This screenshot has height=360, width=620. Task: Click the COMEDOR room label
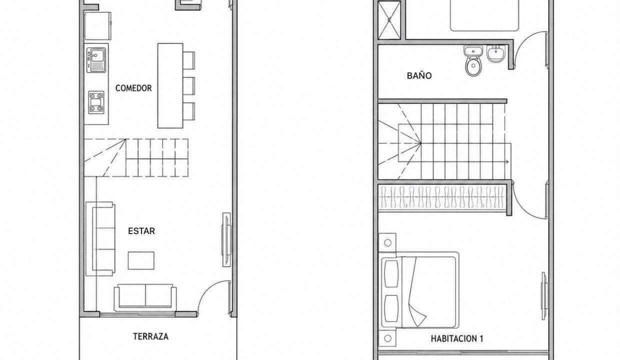tap(133, 88)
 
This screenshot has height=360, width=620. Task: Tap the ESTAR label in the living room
tap(141, 231)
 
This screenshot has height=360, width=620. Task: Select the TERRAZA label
tap(150, 336)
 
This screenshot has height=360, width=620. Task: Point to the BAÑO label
tap(419, 75)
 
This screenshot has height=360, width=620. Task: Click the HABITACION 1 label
tap(457, 338)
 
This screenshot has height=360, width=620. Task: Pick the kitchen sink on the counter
tap(96, 60)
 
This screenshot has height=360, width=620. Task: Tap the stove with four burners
tap(96, 102)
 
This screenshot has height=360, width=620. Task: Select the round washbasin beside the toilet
tap(496, 53)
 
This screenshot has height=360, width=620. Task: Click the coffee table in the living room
tap(141, 260)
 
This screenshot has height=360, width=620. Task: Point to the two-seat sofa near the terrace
tap(145, 296)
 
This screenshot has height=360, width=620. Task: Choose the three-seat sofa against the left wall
tap(100, 239)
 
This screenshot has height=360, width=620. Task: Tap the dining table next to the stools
tap(170, 85)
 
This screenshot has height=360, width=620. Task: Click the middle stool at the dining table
tap(189, 86)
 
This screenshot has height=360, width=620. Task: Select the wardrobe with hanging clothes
tap(442, 196)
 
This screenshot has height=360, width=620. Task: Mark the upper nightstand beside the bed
tap(387, 242)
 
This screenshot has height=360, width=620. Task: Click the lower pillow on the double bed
tap(391, 308)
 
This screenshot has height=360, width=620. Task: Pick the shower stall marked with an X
tap(389, 20)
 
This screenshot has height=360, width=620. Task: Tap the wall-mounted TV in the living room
tap(226, 239)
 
